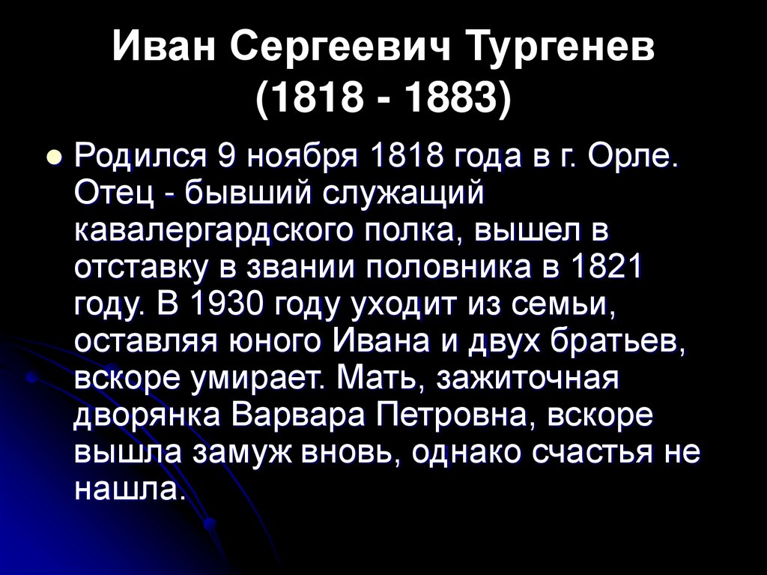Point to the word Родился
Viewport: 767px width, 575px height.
click(139, 160)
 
